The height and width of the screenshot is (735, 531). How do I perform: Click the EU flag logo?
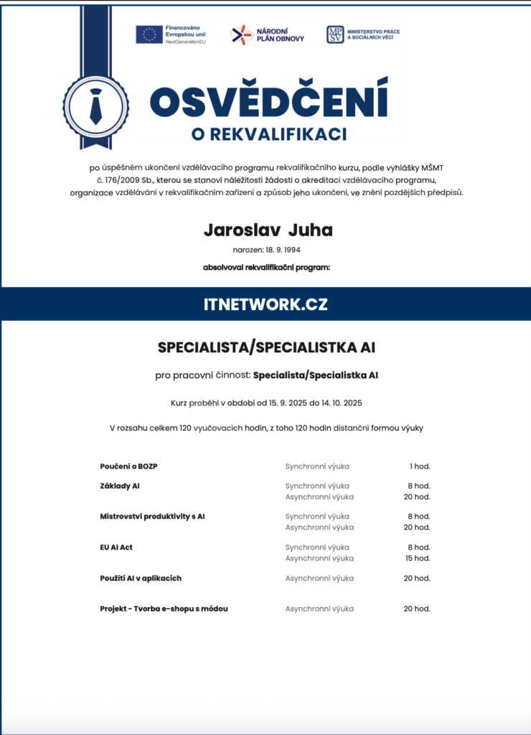click(149, 34)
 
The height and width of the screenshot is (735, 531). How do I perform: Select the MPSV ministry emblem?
click(335, 34)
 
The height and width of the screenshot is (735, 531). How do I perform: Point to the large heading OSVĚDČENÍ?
click(268, 100)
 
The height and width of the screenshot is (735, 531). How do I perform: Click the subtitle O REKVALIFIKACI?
click(269, 134)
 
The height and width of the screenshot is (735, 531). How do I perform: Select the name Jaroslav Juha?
click(268, 230)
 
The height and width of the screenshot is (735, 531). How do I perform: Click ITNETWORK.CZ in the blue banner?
click(265, 304)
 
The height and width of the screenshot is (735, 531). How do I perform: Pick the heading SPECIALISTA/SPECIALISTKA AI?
click(266, 348)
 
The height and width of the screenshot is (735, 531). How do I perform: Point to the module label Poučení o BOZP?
click(128, 467)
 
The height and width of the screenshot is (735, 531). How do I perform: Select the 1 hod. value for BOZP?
click(420, 467)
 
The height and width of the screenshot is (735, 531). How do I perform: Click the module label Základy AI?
click(120, 486)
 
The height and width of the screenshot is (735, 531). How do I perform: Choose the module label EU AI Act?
click(116, 547)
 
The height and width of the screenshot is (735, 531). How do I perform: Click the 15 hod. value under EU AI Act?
click(418, 558)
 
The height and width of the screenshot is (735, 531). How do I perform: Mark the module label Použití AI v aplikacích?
click(141, 578)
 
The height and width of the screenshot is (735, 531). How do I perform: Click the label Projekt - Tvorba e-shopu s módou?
click(164, 609)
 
